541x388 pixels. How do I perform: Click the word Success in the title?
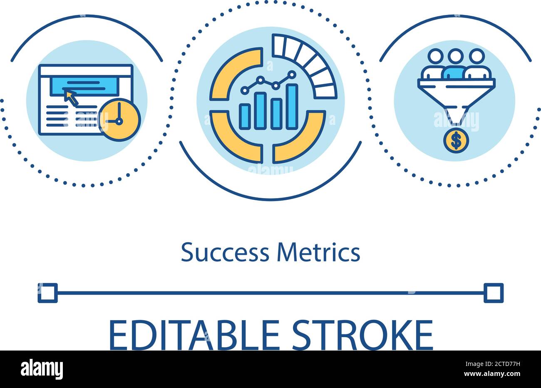pyautogui.click(x=225, y=253)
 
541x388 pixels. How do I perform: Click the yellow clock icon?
pyautogui.click(x=119, y=120)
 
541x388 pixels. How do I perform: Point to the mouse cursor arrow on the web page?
pyautogui.click(x=70, y=97)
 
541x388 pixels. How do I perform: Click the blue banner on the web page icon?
pyautogui.click(x=84, y=86)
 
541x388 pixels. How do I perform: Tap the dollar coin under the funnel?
pyautogui.click(x=456, y=141)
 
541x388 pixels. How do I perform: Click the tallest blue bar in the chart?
pyautogui.click(x=292, y=106)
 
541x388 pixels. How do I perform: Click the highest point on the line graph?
pyautogui.click(x=292, y=75)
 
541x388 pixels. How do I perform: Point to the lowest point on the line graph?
pyautogui.click(x=245, y=90)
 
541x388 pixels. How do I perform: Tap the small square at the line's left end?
pyautogui.click(x=47, y=293)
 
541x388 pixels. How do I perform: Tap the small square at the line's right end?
pyautogui.click(x=494, y=293)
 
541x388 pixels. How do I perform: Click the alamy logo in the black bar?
pyautogui.click(x=42, y=369)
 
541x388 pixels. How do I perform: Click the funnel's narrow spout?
pyautogui.click(x=456, y=117)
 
